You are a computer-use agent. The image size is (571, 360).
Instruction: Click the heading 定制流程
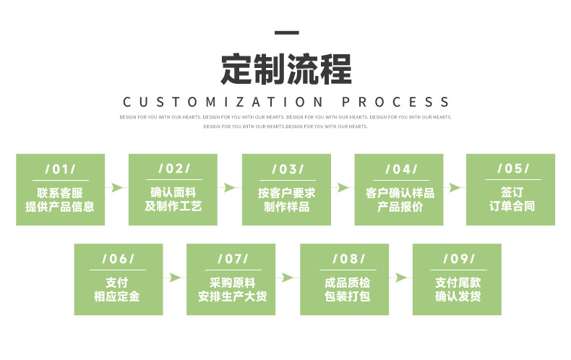[286, 69]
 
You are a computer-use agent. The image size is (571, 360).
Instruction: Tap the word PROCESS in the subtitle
[395, 103]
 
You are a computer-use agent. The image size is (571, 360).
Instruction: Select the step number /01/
[61, 169]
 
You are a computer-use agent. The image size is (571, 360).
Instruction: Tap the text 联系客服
[60, 192]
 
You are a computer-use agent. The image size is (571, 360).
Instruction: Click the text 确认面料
[173, 192]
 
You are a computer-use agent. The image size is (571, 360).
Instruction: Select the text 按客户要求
[286, 193]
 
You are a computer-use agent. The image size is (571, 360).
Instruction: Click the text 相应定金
[117, 297]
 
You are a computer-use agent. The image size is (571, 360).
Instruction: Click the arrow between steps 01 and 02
[116, 188]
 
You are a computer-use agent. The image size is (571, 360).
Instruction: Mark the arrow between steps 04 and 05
[454, 188]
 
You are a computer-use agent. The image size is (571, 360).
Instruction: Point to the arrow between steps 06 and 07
[174, 278]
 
